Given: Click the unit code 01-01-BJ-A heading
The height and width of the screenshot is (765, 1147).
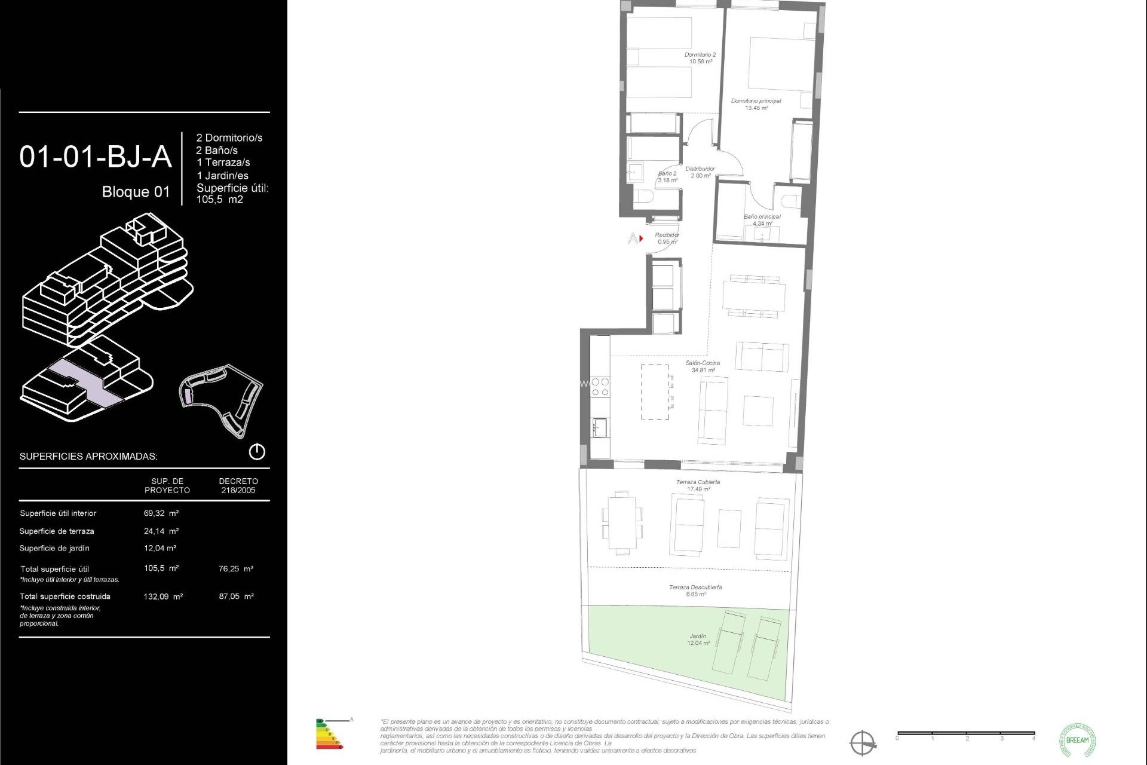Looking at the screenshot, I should [96, 157].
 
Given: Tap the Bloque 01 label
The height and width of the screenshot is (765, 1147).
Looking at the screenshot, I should [136, 192].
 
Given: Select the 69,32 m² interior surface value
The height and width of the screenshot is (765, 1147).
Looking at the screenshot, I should [161, 513].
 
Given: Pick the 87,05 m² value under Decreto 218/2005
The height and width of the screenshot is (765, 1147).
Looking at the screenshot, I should [236, 596].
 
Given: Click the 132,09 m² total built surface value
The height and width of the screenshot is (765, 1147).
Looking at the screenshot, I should [163, 596].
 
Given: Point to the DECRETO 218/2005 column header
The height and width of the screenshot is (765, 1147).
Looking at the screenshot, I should [238, 486].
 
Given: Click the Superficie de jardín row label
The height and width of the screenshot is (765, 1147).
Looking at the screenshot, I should [54, 549].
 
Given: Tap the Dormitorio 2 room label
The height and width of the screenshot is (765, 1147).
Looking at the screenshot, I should [700, 58].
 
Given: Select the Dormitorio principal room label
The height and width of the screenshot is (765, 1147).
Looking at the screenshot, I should [756, 105].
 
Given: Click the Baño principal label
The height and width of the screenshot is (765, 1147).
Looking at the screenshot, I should [762, 220].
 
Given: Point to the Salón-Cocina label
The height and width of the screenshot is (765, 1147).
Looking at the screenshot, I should [703, 366].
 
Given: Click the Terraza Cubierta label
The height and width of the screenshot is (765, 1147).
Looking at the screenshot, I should [698, 485].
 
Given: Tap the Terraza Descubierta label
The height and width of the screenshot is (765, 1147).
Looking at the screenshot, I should [695, 590].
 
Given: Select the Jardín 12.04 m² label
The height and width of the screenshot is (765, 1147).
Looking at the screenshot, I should [698, 639].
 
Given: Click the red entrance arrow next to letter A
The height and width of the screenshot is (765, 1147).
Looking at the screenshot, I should [641, 238].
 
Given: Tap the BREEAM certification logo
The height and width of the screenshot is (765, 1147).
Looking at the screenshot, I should [1077, 740].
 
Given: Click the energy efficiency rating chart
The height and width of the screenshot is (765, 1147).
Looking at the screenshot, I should [329, 735].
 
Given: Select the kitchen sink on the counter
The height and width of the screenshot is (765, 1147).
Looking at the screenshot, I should [600, 428].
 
